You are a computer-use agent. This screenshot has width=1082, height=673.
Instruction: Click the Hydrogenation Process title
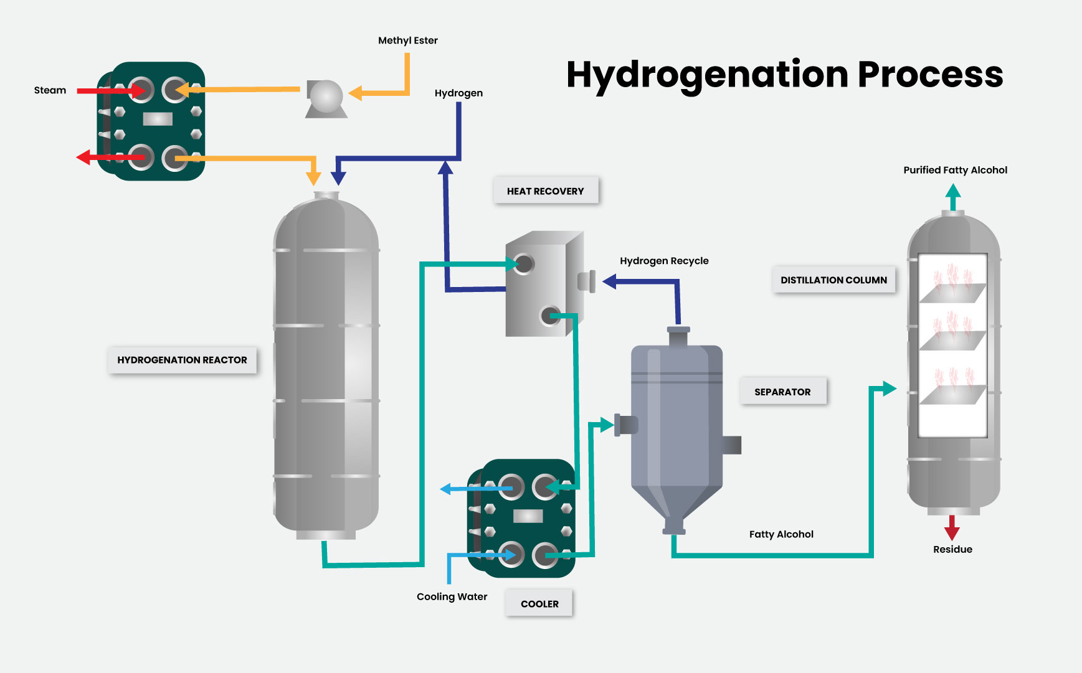point(784,75)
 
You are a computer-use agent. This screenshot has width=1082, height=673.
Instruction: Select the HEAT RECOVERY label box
point(546,191)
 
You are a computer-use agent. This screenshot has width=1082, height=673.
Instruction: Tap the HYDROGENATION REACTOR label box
point(182,360)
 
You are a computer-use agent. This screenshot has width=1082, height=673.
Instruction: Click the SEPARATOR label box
point(782,392)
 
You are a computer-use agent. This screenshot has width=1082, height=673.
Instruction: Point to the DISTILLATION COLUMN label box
point(833,280)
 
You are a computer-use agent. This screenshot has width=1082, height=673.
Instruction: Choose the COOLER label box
point(539,604)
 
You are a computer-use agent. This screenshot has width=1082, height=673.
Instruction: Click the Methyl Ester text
point(407,40)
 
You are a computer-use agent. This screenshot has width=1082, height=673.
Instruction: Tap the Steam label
point(50,90)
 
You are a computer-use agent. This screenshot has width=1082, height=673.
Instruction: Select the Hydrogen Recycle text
point(664,261)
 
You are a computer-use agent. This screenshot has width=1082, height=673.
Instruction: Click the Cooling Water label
point(452,596)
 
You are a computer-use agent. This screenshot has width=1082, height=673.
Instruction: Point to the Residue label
point(952,549)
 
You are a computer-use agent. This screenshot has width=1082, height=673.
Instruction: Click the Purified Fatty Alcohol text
point(955,170)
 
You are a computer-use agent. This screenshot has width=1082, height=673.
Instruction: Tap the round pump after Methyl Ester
point(326,97)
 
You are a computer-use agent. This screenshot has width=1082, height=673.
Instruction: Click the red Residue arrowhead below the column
point(952,532)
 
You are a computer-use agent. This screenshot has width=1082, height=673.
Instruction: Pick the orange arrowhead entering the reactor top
point(313,179)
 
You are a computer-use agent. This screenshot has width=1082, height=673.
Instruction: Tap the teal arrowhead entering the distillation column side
point(889,389)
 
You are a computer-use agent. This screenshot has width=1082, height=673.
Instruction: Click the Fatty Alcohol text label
point(781,534)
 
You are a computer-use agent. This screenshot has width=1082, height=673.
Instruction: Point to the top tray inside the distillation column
point(952,293)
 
